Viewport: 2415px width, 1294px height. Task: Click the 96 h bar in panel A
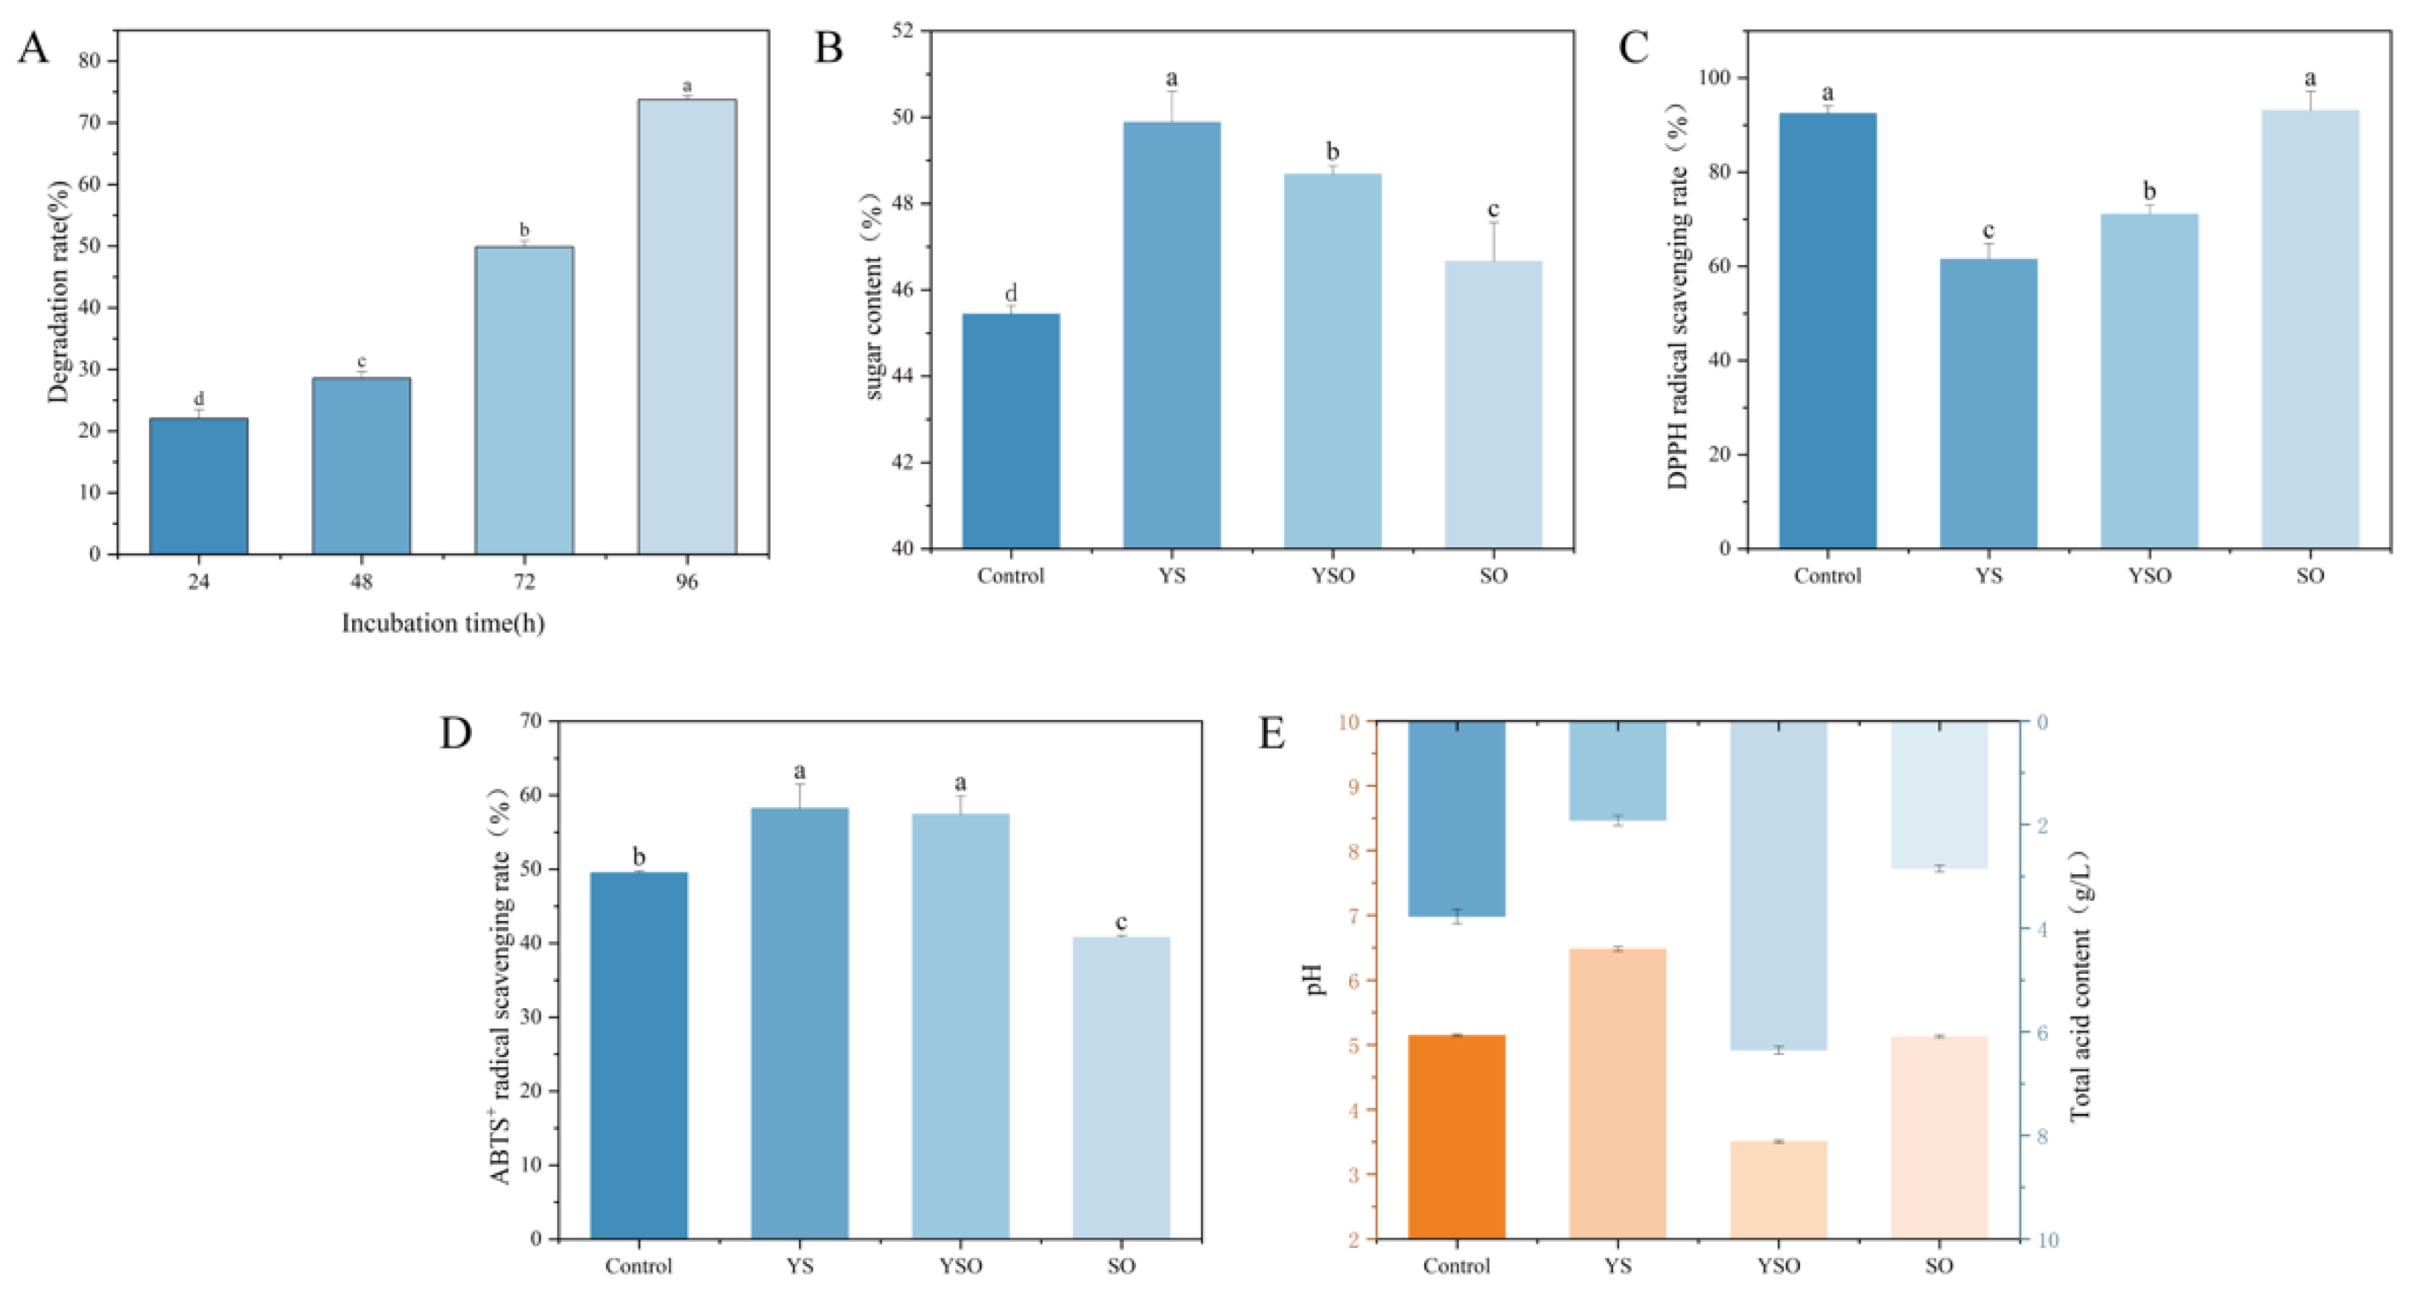pyautogui.click(x=687, y=326)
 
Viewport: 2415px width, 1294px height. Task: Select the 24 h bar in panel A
pyautogui.click(x=199, y=485)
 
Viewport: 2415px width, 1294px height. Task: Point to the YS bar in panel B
pyautogui.click(x=1172, y=335)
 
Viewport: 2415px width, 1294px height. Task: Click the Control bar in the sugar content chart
pyautogui.click(x=1011, y=430)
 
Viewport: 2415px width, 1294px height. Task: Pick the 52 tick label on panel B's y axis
pyautogui.click(x=901, y=31)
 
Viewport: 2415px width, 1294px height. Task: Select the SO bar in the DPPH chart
pyautogui.click(x=2310, y=329)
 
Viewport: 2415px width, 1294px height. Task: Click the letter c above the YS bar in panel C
pyautogui.click(x=1988, y=231)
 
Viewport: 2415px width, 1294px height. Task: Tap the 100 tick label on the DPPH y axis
pyautogui.click(x=1717, y=78)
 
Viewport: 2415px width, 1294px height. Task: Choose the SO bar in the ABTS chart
pyautogui.click(x=1121, y=1088)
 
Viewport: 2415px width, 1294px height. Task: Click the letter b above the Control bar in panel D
pyautogui.click(x=639, y=856)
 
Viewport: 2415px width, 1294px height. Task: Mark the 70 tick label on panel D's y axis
pyautogui.click(x=530, y=721)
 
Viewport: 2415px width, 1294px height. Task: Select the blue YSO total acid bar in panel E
pyautogui.click(x=1778, y=885)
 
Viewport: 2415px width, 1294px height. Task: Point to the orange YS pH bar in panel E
pyautogui.click(x=1617, y=1093)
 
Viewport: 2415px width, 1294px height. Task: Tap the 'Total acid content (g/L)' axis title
pyautogui.click(x=2080, y=984)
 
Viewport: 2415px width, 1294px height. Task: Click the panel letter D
pyautogui.click(x=456, y=733)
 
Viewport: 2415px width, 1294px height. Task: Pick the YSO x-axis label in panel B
pyautogui.click(x=1332, y=576)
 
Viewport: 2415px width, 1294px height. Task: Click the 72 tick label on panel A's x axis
pyautogui.click(x=524, y=582)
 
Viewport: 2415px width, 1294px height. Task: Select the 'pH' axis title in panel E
pyautogui.click(x=1316, y=979)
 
